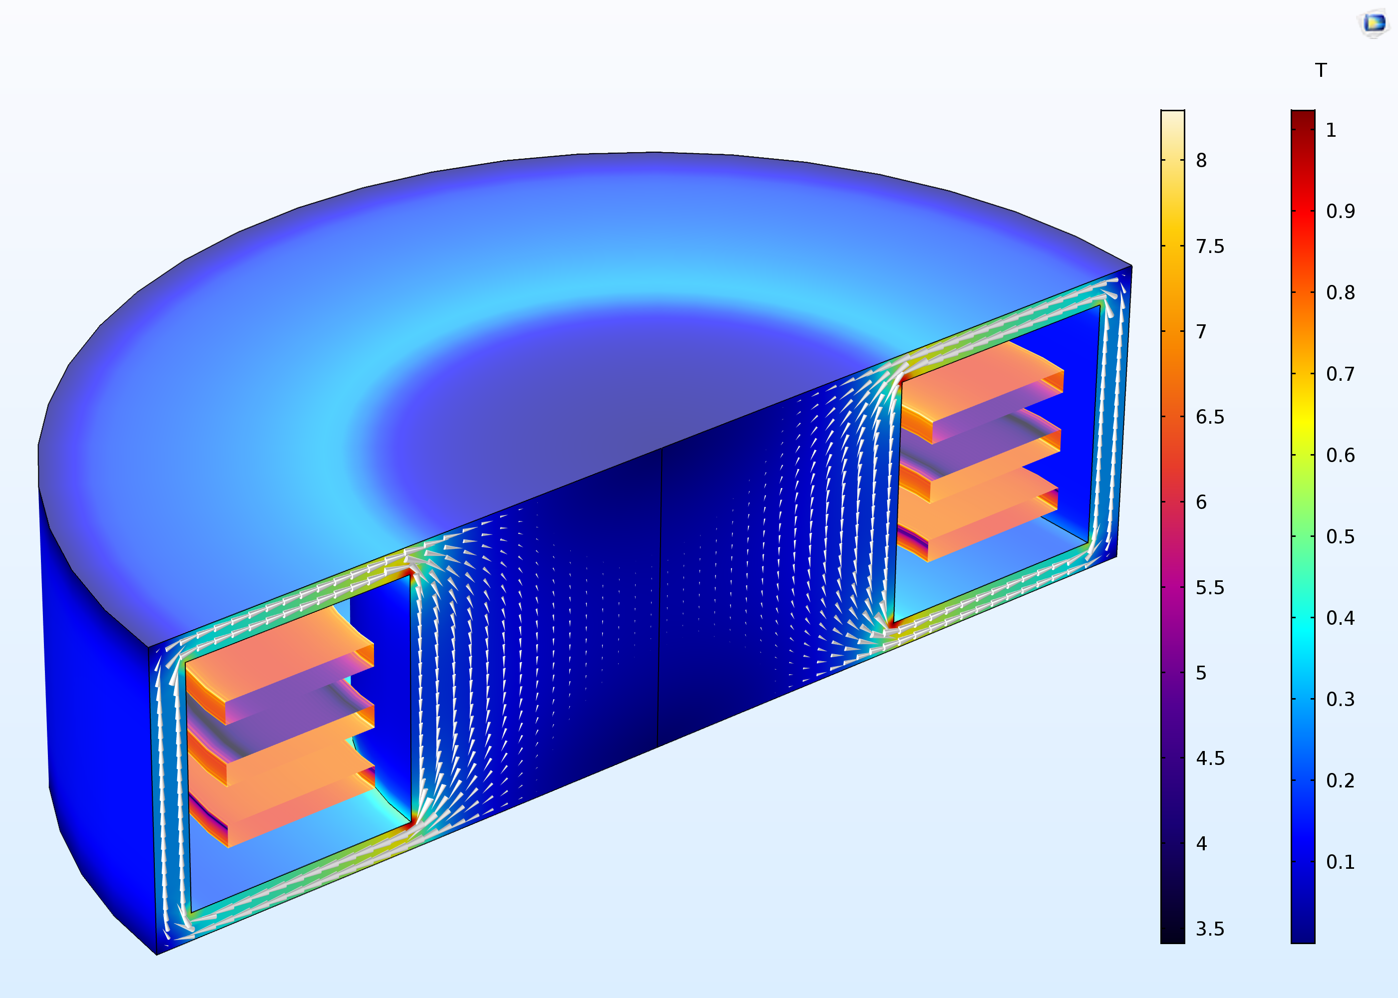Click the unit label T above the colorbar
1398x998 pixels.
[x=1321, y=71]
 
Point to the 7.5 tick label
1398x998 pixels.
[x=1210, y=247]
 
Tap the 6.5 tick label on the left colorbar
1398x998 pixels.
[x=1210, y=417]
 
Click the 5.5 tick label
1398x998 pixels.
[x=1210, y=588]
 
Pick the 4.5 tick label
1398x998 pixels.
[x=1210, y=759]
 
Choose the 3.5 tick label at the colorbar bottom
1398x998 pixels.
[x=1210, y=929]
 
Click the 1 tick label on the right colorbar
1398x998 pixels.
[x=1331, y=130]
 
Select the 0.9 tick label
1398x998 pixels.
[x=1340, y=212]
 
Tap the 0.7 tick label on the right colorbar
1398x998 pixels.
[x=1340, y=374]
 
